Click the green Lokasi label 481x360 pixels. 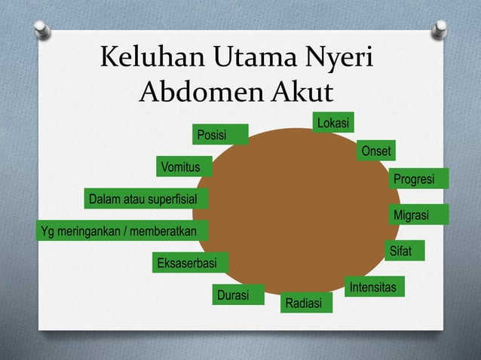333,123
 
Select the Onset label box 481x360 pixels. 375,151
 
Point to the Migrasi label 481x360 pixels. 419,215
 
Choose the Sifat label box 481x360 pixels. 405,251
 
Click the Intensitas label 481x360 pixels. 374,288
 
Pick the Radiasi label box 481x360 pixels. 305,303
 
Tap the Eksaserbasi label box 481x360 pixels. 191,263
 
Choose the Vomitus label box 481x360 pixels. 184,166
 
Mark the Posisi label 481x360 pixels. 220,135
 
